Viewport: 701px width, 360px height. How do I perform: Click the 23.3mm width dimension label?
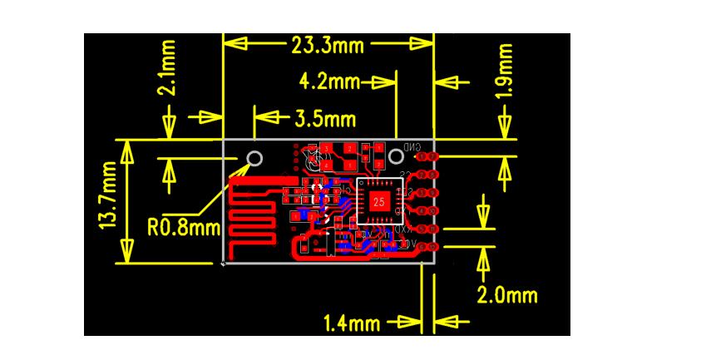(328, 45)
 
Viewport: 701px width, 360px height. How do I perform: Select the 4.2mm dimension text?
(330, 82)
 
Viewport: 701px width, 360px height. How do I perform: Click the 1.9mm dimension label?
(503, 71)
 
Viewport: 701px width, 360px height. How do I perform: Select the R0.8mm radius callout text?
(180, 227)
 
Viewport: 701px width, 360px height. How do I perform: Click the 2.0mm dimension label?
(506, 295)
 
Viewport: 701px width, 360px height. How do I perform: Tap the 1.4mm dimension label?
(353, 323)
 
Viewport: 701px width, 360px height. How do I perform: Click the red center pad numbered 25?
(378, 201)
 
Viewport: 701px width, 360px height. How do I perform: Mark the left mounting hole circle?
(255, 159)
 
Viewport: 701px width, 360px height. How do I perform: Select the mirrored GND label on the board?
(412, 147)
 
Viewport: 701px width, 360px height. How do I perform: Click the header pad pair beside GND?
(426, 156)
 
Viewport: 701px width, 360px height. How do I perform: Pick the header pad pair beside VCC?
(426, 247)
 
